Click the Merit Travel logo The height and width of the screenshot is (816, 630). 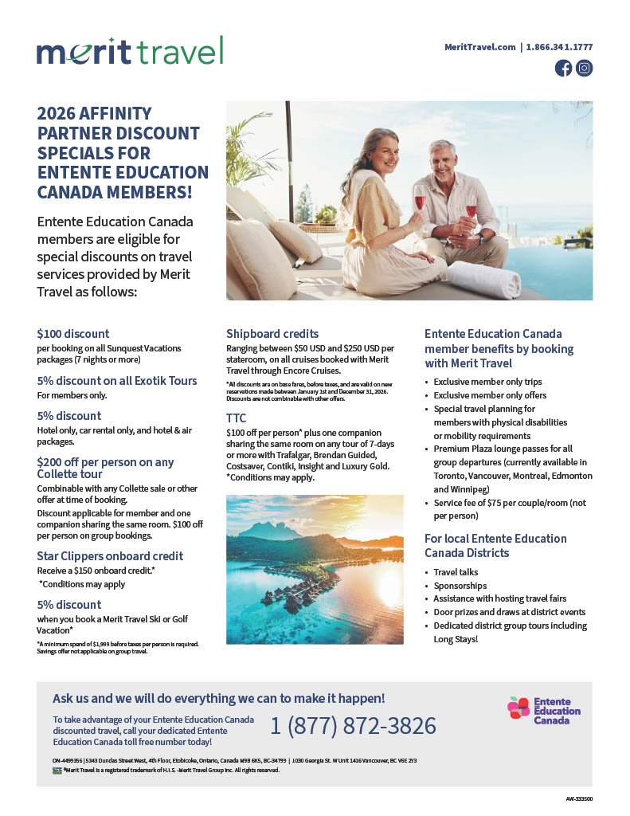[x=130, y=51]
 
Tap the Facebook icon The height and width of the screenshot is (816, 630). [x=563, y=69]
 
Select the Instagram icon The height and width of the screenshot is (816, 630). [x=585, y=69]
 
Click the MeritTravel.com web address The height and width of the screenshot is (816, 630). [x=480, y=47]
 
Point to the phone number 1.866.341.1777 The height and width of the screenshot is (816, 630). [x=560, y=47]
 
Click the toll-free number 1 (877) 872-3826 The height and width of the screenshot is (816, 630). [x=353, y=726]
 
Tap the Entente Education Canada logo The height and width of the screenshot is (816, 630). [x=545, y=710]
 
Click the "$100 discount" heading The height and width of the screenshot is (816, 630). [x=73, y=334]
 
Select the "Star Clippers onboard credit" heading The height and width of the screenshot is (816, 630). [x=111, y=556]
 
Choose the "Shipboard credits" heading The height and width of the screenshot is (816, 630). [x=272, y=334]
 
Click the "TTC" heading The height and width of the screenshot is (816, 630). [x=237, y=418]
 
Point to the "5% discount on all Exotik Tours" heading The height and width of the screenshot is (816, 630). [x=117, y=381]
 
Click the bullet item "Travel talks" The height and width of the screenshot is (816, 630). [x=456, y=572]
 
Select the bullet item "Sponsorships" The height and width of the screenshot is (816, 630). [x=460, y=586]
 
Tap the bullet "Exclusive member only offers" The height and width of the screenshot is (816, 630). [x=491, y=395]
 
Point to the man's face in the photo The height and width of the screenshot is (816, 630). [x=444, y=160]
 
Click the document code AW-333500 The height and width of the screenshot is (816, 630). [x=579, y=798]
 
